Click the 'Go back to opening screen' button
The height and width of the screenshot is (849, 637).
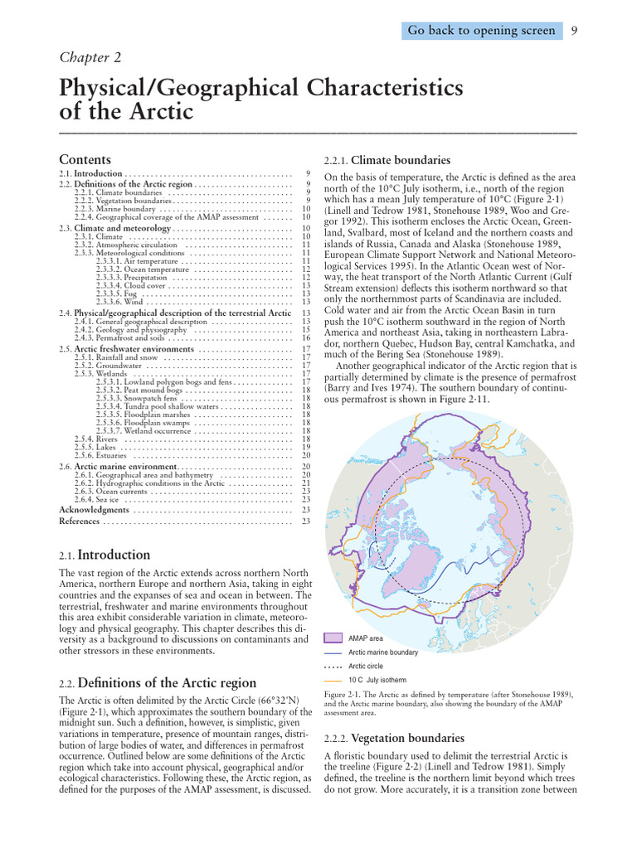point(481,31)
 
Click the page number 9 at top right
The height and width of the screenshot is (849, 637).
point(574,31)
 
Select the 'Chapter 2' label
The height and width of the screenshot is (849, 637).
point(90,56)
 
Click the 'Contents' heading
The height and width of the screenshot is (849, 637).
point(85,159)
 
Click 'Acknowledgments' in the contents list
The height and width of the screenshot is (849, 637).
point(94,510)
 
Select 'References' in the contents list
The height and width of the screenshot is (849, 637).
point(79,522)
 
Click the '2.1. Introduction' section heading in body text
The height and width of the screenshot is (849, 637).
point(105,555)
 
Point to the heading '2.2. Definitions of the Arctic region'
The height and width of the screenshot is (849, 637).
point(158,683)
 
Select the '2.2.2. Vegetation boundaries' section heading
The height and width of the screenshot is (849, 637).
point(394,738)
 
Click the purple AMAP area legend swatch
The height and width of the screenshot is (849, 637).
point(333,638)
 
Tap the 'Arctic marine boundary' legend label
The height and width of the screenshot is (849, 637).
point(382,653)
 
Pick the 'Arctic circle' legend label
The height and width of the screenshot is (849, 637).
point(367,666)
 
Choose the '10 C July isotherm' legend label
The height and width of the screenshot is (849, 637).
point(377,680)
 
